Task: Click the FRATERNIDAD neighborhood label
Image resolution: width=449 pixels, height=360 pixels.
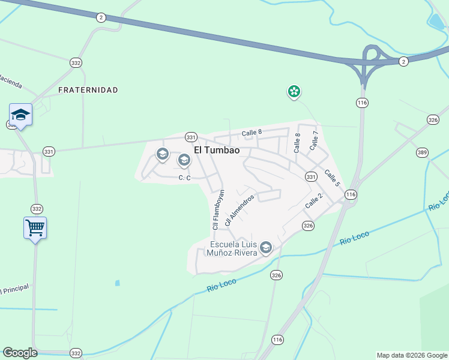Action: (x=88, y=90)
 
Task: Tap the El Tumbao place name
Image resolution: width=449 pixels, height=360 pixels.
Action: (x=217, y=151)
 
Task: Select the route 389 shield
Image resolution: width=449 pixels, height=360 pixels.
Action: (x=422, y=153)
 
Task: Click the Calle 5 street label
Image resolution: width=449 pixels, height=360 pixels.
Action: (x=333, y=178)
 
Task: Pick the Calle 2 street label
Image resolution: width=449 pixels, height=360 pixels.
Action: (x=313, y=201)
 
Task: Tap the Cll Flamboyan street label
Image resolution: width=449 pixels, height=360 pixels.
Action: (x=218, y=209)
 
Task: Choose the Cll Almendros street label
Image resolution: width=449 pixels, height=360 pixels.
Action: (x=240, y=209)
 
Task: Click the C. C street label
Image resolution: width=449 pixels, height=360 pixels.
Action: (x=184, y=178)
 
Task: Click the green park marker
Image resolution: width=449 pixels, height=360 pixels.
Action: (x=294, y=92)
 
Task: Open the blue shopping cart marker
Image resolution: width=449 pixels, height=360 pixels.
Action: (x=35, y=228)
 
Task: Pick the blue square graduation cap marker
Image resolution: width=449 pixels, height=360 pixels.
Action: (x=20, y=115)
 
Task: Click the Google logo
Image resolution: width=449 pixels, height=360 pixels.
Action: (x=20, y=353)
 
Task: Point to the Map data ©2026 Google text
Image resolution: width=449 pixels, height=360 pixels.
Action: (x=411, y=355)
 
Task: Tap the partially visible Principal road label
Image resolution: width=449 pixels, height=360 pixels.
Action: (x=13, y=289)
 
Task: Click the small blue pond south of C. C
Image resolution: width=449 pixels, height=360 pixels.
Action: (x=117, y=283)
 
